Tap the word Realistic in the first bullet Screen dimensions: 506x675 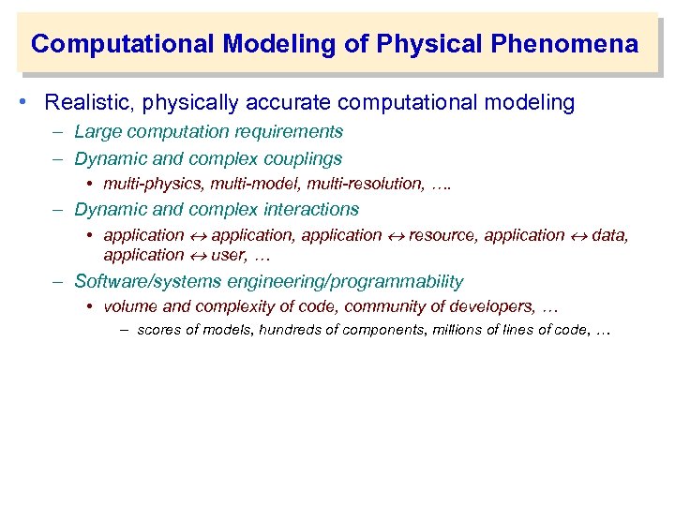[x=86, y=102]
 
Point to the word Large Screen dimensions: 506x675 [x=97, y=132]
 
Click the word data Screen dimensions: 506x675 [x=609, y=235]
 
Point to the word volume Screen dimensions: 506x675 [x=128, y=306]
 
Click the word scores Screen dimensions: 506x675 [x=159, y=330]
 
